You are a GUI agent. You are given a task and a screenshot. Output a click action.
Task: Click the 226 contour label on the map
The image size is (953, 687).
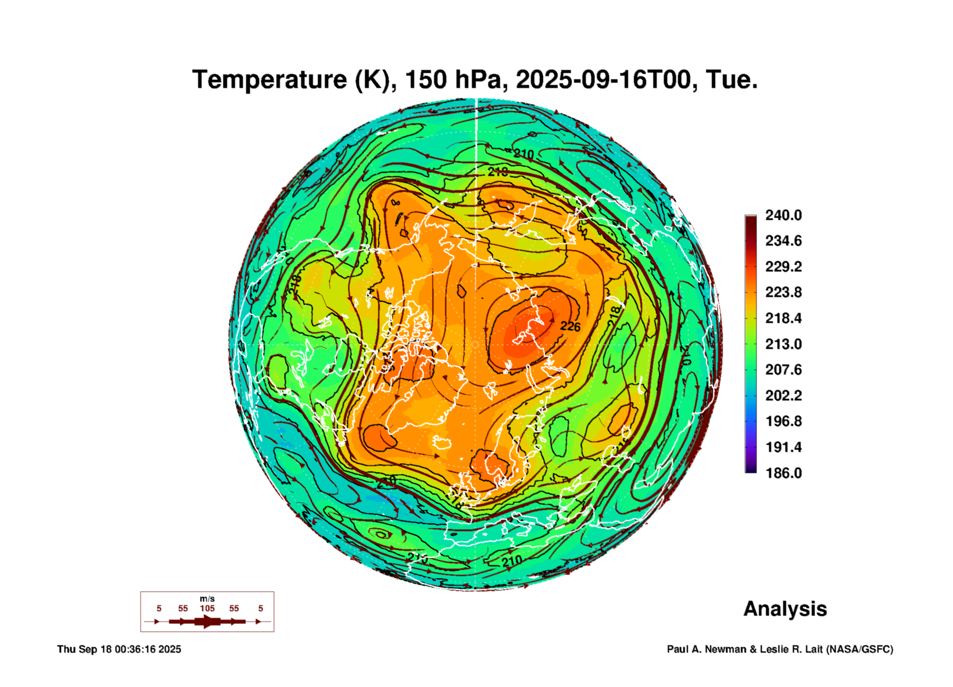[570, 326]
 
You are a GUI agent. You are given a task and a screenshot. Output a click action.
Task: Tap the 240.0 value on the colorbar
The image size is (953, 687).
[783, 215]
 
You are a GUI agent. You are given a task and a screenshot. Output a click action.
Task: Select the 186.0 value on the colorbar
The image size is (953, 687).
[783, 473]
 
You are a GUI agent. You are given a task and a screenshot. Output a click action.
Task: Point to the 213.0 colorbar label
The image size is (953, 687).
[783, 344]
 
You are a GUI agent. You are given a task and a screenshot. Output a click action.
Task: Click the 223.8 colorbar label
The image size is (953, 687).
[783, 292]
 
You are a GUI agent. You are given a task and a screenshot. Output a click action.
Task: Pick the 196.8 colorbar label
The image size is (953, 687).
[783, 421]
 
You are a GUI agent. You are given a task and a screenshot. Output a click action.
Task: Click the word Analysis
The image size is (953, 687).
[785, 609]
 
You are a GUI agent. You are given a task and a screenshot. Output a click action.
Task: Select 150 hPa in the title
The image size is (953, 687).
[453, 80]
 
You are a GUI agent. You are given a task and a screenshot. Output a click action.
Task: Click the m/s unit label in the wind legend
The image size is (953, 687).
[207, 599]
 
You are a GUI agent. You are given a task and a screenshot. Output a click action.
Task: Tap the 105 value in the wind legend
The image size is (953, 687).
[207, 608]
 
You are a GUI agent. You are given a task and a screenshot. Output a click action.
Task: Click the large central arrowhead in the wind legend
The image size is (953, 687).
[208, 621]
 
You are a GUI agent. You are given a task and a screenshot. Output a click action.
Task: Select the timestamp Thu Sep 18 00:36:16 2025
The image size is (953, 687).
[119, 649]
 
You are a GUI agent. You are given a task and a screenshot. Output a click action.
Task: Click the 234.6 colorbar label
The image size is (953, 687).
[783, 241]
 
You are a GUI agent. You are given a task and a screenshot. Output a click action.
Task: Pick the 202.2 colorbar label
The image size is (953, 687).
[783, 395]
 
